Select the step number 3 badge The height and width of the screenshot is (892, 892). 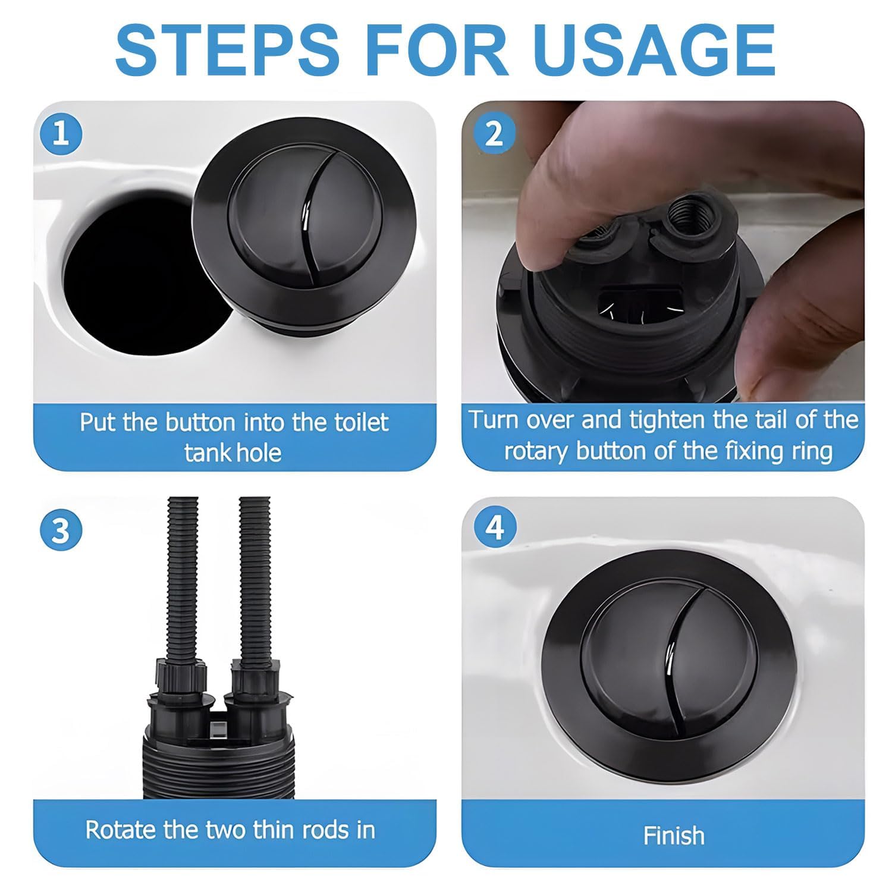[x=61, y=530]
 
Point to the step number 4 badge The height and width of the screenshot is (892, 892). [x=494, y=527]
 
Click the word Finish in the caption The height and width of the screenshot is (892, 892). [x=674, y=836]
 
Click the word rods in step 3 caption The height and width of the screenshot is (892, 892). [x=321, y=830]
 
